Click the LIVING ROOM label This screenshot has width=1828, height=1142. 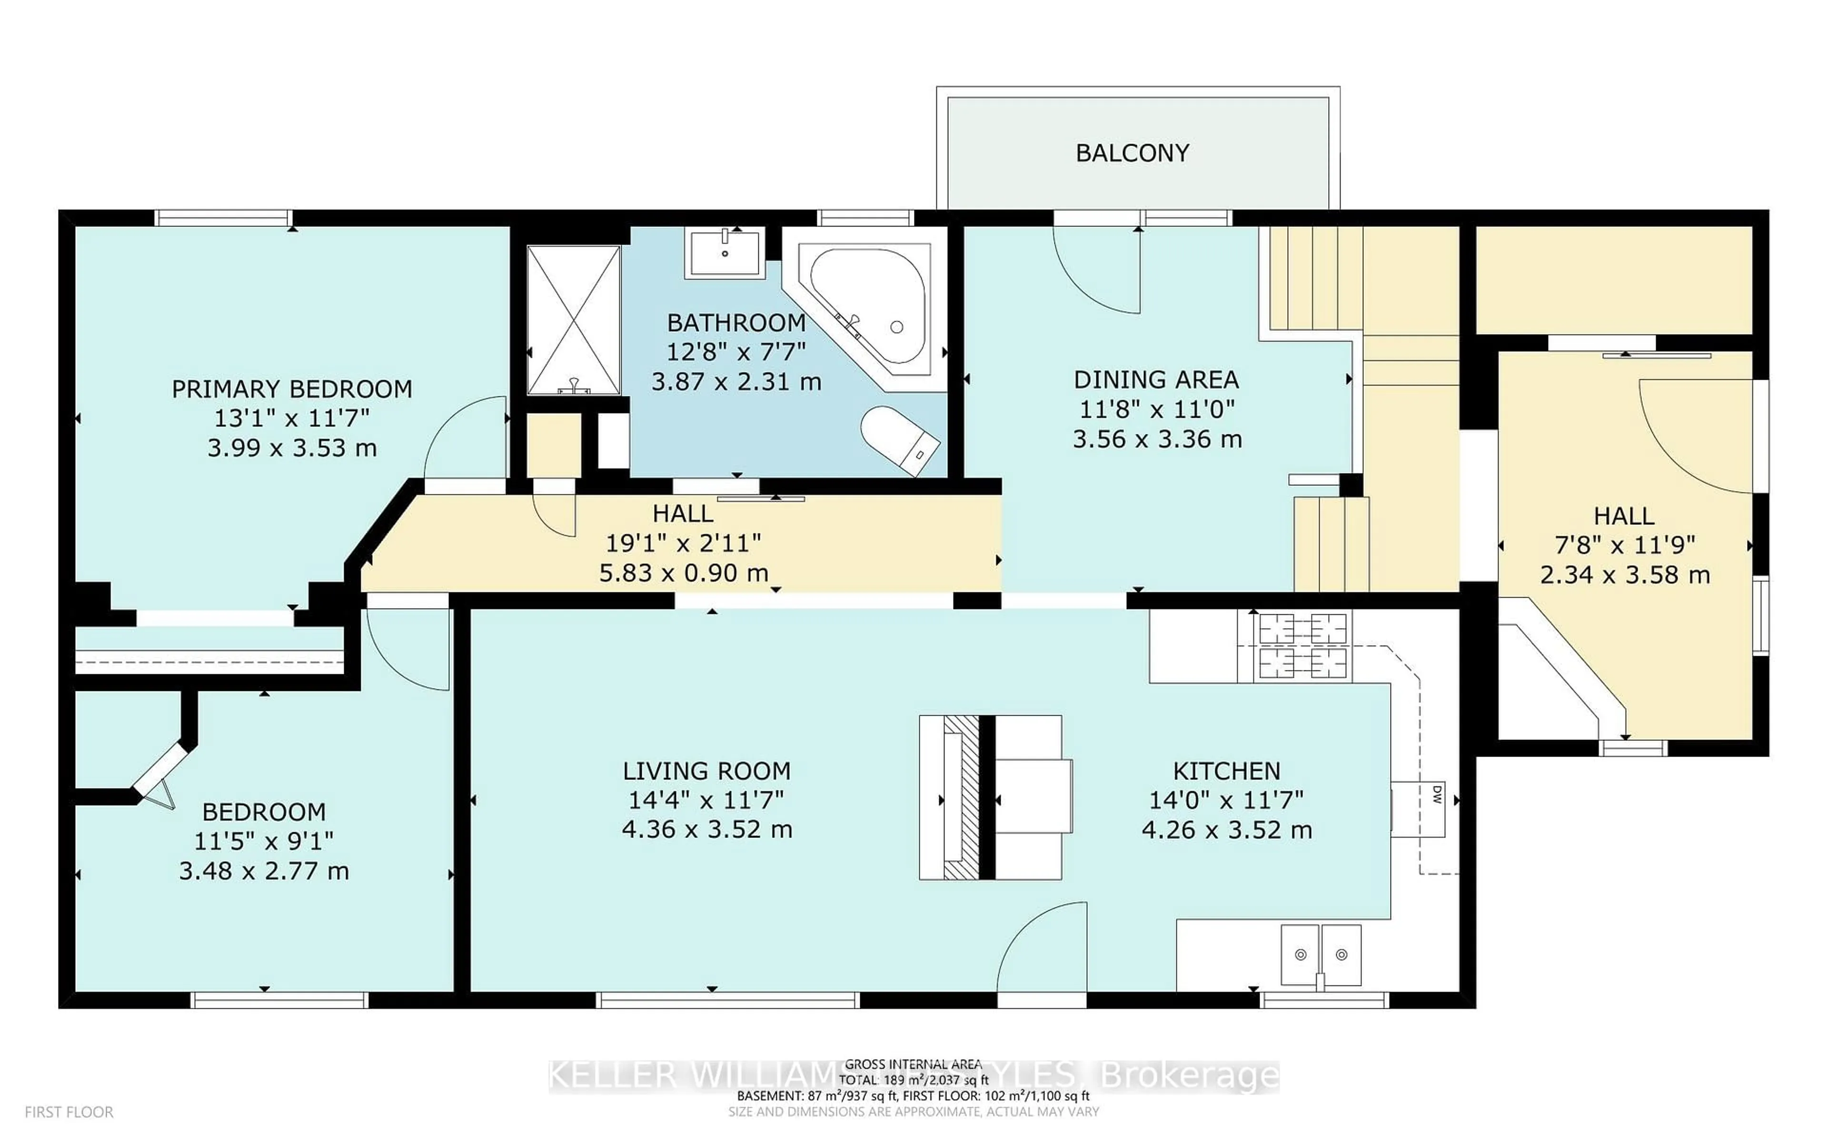tap(706, 771)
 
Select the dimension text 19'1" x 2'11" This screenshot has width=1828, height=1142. tap(683, 543)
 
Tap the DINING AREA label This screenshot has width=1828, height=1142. tap(1156, 379)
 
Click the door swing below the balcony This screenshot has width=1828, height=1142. tap(1099, 272)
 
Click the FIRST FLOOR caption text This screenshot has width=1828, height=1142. tap(69, 1112)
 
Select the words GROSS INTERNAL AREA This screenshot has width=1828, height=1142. tap(913, 1064)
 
